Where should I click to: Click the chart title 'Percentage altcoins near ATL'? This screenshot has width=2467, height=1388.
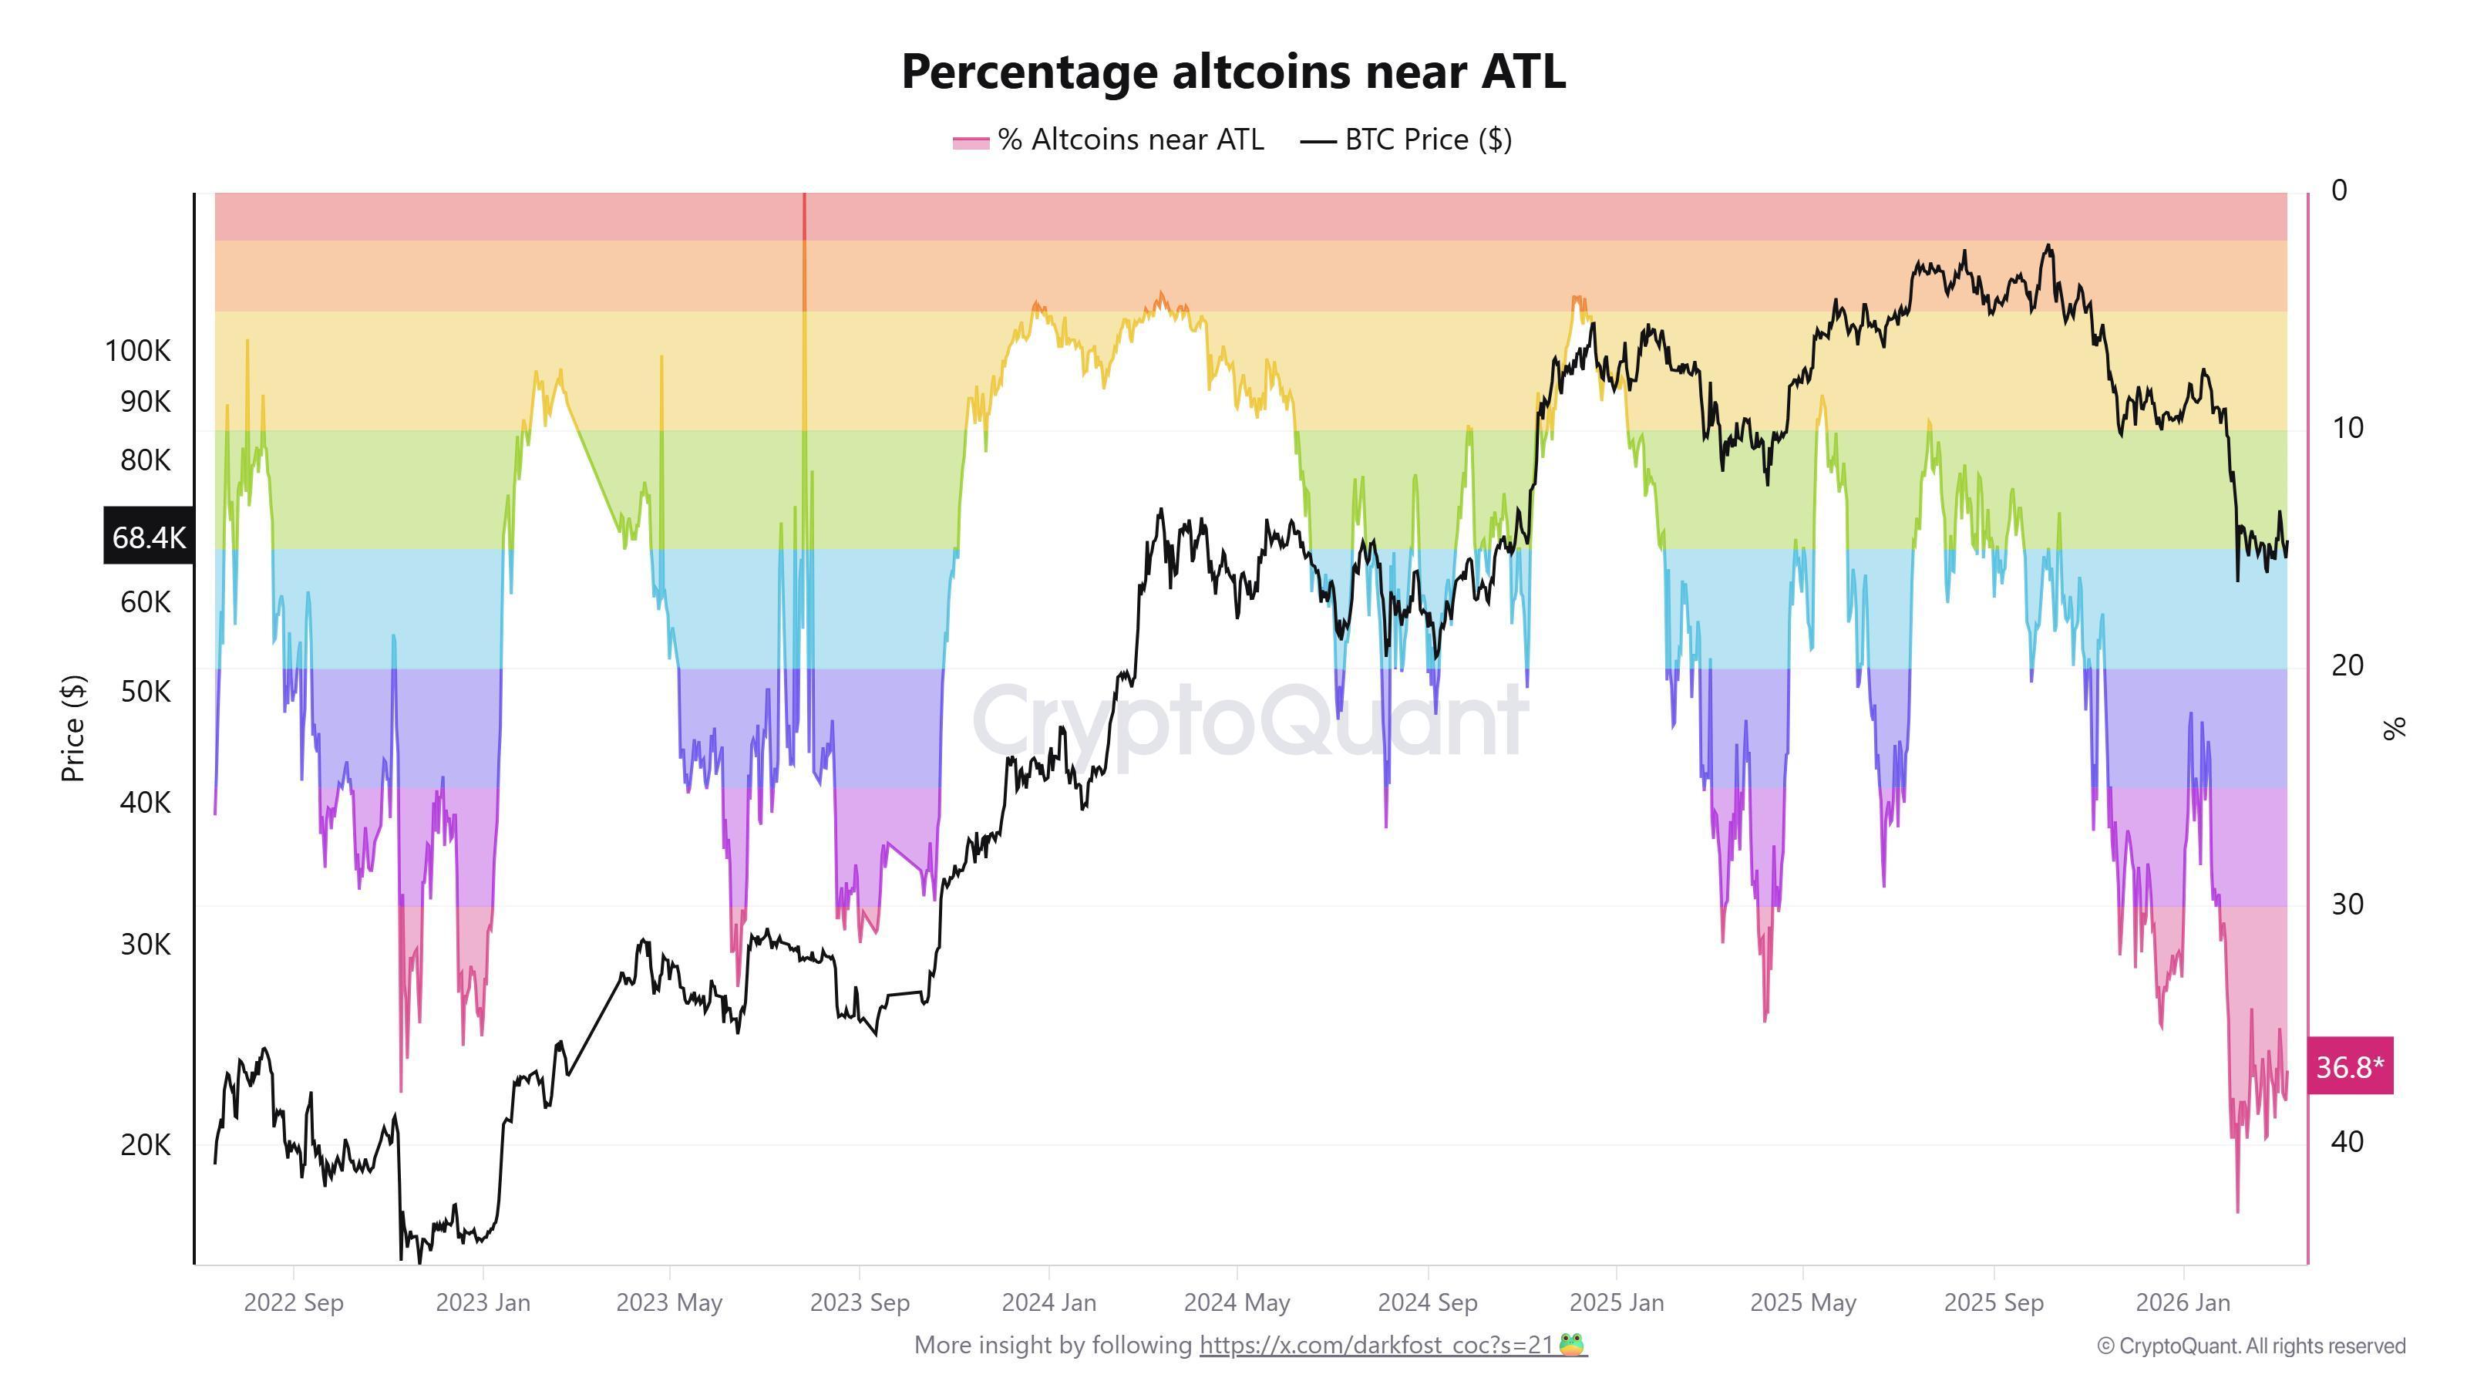coord(1233,72)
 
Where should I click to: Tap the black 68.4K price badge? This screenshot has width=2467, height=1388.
coord(149,537)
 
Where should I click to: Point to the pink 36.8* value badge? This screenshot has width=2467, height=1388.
coord(2349,1066)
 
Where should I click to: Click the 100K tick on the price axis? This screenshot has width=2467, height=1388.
coord(138,351)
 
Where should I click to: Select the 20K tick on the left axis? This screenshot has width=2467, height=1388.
coord(146,1144)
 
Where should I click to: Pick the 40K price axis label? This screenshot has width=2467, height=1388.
coord(146,802)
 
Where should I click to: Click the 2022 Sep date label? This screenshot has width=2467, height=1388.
coord(293,1302)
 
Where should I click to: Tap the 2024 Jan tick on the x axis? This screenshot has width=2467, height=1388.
coord(1048,1302)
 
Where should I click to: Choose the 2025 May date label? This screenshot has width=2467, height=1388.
coord(1802,1302)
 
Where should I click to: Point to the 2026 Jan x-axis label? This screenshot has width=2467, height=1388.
coord(2183,1302)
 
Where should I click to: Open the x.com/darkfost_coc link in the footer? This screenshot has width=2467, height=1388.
coord(1375,1345)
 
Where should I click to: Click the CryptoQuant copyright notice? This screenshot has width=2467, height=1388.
coord(2250,1346)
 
